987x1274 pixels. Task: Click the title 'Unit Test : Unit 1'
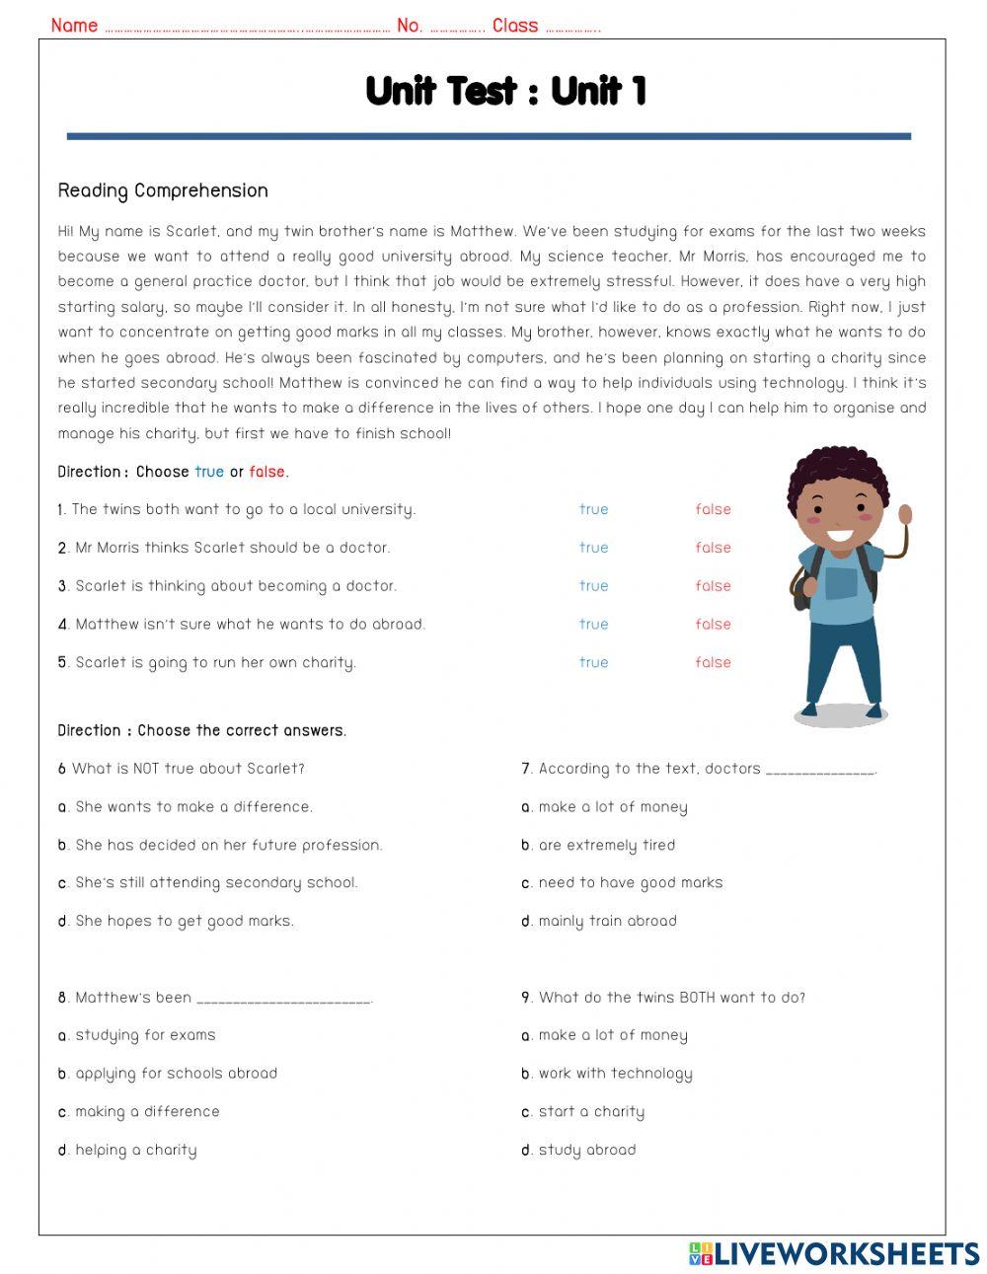tap(505, 91)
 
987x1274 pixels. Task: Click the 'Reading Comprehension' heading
tap(163, 190)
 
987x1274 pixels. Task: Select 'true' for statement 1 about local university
tap(593, 509)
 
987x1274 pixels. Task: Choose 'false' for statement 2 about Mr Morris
tap(713, 548)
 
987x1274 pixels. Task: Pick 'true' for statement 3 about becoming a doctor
tap(593, 586)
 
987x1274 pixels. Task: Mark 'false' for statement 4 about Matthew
tap(713, 624)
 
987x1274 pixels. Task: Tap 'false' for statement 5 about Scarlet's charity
tap(713, 662)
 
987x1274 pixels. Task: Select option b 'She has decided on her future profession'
tap(228, 845)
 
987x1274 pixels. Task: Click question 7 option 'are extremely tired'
tap(606, 845)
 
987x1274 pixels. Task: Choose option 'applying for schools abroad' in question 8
tap(176, 1074)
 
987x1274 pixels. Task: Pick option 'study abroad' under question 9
tap(586, 1150)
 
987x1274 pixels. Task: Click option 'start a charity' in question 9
tap(590, 1111)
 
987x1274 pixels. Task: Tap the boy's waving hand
tap(905, 516)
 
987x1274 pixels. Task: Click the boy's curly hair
tap(837, 469)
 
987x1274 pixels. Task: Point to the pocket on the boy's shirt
tap(841, 582)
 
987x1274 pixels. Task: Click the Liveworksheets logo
tap(833, 1253)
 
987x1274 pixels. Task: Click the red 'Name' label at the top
tap(74, 26)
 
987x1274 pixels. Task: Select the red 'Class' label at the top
tap(515, 26)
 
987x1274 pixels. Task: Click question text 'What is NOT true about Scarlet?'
tap(188, 769)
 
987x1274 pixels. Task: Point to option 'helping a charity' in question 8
tap(135, 1150)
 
